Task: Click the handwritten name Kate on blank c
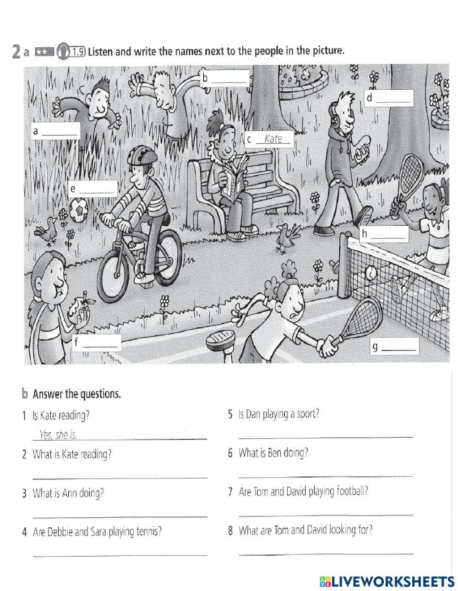click(273, 139)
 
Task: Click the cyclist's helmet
click(140, 156)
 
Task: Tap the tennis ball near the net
click(371, 273)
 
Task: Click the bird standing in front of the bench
click(287, 237)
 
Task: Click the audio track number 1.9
click(78, 52)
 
